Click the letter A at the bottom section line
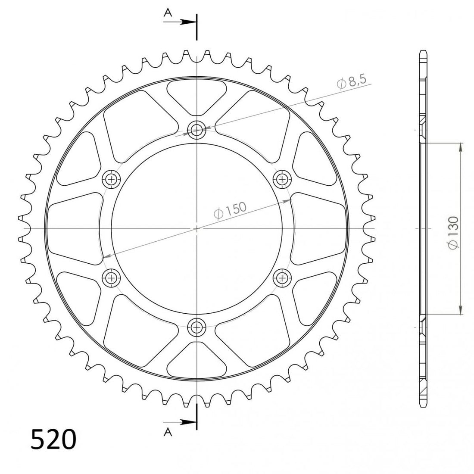168,433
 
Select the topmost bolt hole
197,129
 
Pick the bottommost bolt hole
197,327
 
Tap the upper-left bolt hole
112,179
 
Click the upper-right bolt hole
283,179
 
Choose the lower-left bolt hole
112,277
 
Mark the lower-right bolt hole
283,277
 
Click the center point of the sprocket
197,228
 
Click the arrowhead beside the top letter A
188,21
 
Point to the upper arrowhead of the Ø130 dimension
461,147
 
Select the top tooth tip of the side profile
423,52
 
